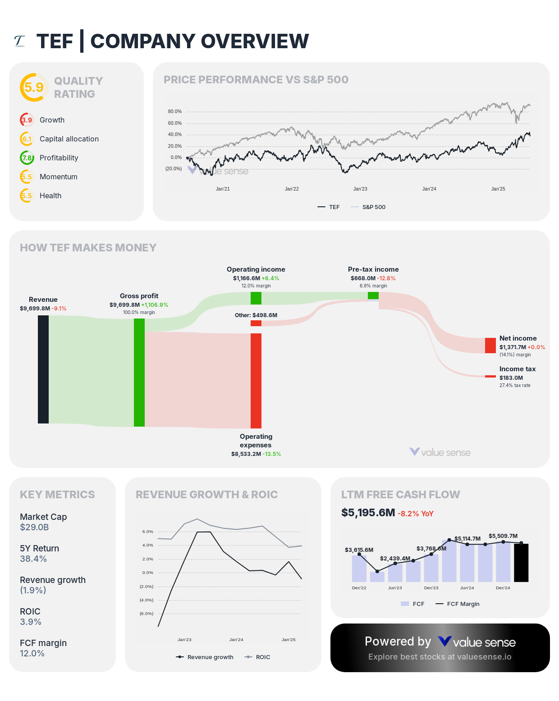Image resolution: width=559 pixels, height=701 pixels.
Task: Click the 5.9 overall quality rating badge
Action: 34,87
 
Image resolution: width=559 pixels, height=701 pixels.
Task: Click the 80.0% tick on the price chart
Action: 175,111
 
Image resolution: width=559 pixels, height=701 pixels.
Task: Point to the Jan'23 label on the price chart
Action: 360,189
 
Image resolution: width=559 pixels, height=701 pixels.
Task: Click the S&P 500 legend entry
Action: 368,207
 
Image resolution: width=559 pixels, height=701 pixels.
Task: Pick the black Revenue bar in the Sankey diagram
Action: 43,369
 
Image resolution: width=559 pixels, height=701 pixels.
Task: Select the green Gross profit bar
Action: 139,373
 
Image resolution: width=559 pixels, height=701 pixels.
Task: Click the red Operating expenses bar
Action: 256,381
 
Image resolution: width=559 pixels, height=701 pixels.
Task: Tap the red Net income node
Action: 490,346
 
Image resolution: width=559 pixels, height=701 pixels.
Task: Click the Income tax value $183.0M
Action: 511,378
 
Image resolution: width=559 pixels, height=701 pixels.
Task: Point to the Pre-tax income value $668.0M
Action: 363,278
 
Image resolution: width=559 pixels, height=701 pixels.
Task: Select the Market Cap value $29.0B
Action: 34,527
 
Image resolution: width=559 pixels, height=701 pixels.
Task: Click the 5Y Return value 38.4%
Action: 33,559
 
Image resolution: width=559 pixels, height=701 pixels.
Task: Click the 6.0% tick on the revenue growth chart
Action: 148,532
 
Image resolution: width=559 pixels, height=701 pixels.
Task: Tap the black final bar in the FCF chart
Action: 521,563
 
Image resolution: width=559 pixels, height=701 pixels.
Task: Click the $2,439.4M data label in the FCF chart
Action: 395,558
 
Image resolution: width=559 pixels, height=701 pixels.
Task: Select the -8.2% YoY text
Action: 415,514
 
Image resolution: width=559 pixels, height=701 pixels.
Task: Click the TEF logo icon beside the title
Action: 19,41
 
